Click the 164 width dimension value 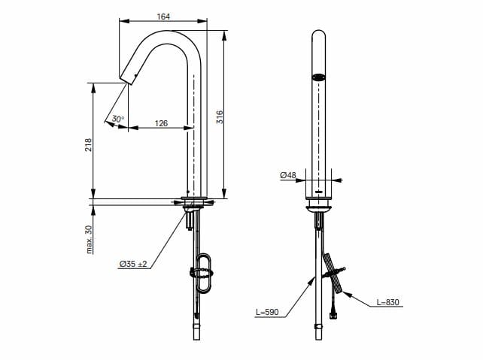163,17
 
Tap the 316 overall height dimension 220,117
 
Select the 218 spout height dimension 89,144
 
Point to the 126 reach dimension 161,123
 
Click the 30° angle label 118,119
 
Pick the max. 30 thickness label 89,240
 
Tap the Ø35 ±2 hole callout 133,264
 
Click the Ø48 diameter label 288,175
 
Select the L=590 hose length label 267,312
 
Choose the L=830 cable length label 388,302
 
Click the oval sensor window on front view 318,77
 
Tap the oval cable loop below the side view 203,273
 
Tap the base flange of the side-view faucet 194,198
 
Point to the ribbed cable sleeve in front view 333,272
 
